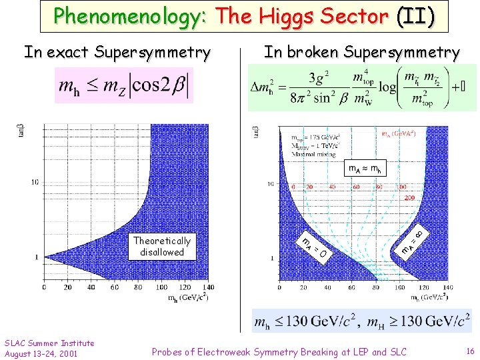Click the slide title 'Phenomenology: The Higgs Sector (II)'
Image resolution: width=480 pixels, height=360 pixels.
tap(244, 16)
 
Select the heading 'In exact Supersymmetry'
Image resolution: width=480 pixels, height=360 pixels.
tap(117, 52)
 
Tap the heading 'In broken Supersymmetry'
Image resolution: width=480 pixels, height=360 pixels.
tap(361, 52)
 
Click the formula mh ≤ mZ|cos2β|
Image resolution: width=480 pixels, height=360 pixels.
tap(124, 85)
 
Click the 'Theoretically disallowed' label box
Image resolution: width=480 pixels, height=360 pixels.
tap(161, 246)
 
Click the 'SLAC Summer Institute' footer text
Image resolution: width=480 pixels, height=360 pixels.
tap(49, 343)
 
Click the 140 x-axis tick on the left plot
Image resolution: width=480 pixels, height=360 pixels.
tap(207, 287)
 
